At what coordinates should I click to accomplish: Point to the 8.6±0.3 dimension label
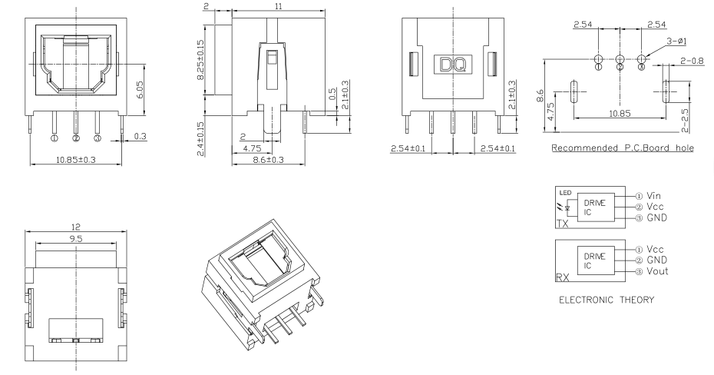pos(265,160)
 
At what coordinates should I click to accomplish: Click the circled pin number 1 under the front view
pos(54,139)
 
